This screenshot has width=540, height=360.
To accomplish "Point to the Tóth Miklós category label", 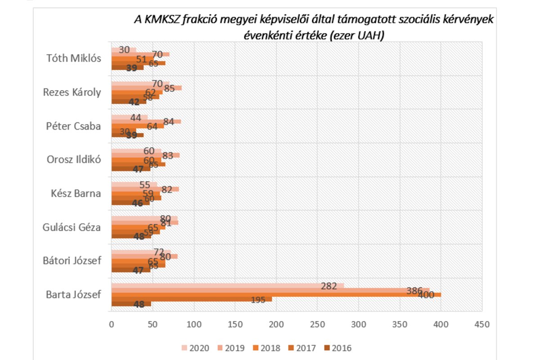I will coord(74,58).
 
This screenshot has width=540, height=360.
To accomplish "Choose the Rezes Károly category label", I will coord(72,92).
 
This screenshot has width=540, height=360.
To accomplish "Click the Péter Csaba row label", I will coord(74,126).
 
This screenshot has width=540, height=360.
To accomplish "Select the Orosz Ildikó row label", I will coord(74,160).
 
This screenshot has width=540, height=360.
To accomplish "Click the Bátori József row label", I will coord(72,261).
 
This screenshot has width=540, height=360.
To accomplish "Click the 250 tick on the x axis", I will coord(317,324).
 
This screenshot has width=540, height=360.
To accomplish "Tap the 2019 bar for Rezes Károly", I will coord(146,88).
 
